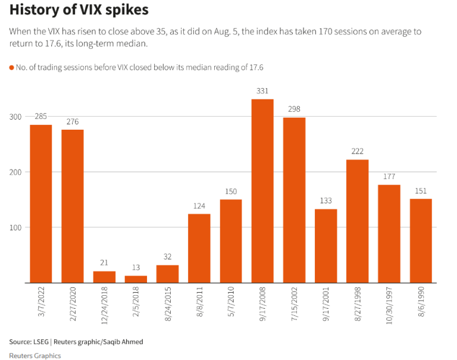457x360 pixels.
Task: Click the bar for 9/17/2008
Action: pos(262,190)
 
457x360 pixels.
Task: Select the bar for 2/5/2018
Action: pos(136,279)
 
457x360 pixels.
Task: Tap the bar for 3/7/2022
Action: pos(41,204)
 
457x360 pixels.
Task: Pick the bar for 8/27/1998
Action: pos(357,221)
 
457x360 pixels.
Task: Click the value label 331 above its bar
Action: pos(262,91)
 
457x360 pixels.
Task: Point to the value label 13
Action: pos(136,268)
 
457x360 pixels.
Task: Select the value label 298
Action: pos(294,109)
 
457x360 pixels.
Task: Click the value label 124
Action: pos(199,206)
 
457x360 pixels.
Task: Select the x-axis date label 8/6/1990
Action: pos(421,304)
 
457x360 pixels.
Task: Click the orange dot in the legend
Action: pos(11,68)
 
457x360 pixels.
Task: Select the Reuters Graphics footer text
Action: pos(35,355)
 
